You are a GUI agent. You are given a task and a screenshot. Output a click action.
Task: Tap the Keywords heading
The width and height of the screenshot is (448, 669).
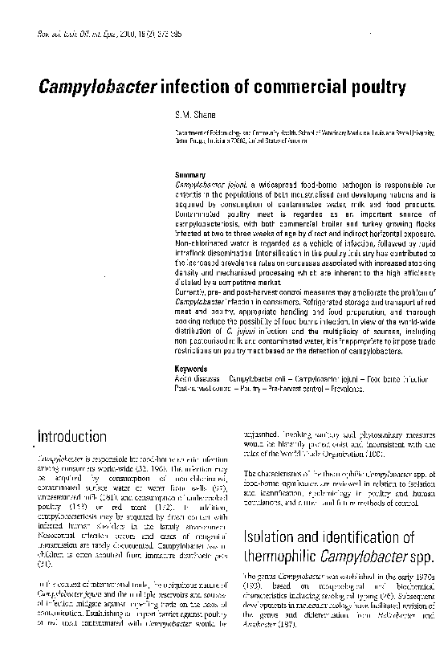(x=191, y=369)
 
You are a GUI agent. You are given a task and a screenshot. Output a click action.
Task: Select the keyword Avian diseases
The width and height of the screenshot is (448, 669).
(x=198, y=377)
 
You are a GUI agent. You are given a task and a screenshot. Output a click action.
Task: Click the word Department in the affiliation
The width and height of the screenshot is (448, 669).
(x=193, y=136)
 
